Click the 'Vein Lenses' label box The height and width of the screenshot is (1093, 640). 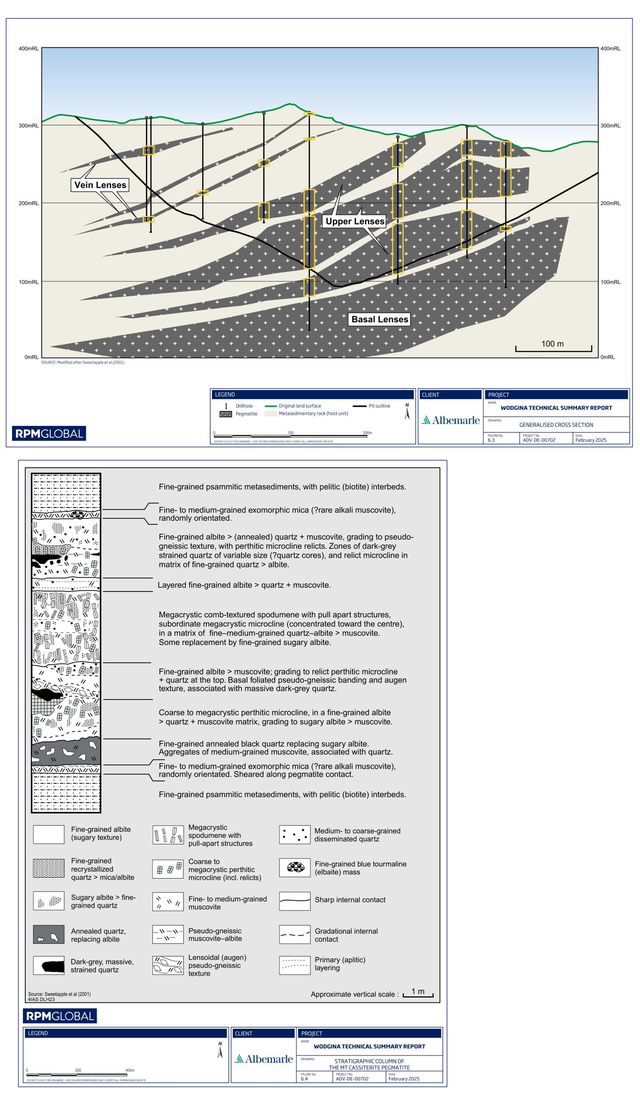pyautogui.click(x=100, y=185)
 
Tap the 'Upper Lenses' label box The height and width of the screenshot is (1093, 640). pyautogui.click(x=355, y=221)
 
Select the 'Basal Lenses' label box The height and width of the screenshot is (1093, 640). pyautogui.click(x=380, y=319)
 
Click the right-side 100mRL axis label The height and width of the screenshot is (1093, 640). pyautogui.click(x=610, y=282)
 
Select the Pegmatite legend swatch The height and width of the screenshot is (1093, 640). pyautogui.click(x=226, y=414)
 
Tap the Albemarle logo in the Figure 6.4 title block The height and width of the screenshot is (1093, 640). pyautogui.click(x=264, y=1059)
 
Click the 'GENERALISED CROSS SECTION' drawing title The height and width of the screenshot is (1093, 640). pyautogui.click(x=556, y=425)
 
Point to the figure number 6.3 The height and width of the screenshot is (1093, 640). pyautogui.click(x=491, y=440)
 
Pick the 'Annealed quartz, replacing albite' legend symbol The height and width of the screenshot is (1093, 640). pyautogui.click(x=49, y=935)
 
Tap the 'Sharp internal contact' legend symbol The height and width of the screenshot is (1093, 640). pyautogui.click(x=294, y=900)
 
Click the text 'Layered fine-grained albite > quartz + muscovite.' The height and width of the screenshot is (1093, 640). pyautogui.click(x=244, y=585)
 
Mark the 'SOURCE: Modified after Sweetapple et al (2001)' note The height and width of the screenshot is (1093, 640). pyautogui.click(x=83, y=363)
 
